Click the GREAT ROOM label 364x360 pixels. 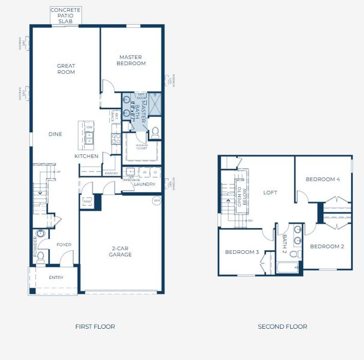click(66, 69)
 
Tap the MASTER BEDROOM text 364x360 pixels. click(132, 60)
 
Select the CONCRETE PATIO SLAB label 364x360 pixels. click(65, 16)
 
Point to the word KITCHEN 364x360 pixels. click(86, 156)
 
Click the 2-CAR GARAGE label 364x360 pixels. click(121, 251)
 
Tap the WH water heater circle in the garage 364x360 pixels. click(156, 201)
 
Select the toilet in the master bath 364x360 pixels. click(154, 131)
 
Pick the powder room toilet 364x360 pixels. click(40, 258)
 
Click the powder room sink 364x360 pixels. click(40, 233)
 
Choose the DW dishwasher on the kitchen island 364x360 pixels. click(89, 127)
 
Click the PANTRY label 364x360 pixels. click(111, 173)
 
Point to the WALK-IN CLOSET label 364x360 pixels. click(141, 146)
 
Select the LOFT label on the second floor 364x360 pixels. click(270, 193)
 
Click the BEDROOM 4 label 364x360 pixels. click(322, 179)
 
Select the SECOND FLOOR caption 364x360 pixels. click(282, 326)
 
